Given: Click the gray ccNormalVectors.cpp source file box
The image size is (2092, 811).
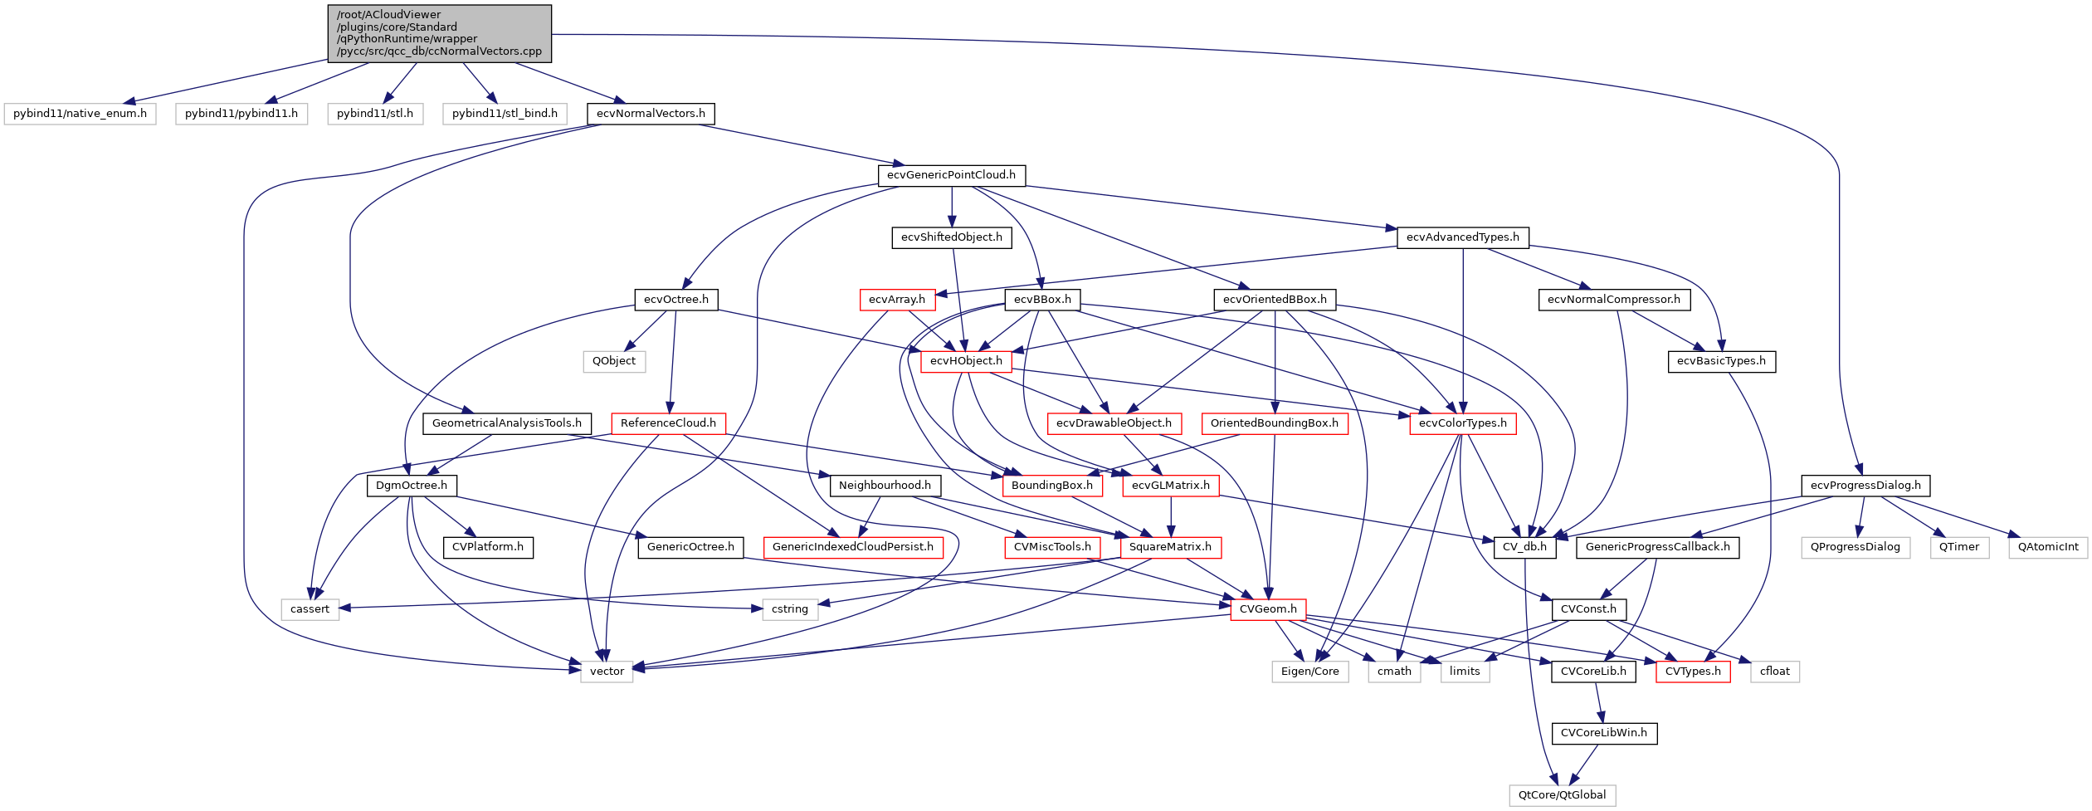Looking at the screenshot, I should click(x=439, y=33).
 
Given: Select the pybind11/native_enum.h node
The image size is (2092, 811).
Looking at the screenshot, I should click(x=80, y=114).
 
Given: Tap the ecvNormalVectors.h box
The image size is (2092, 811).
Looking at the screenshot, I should click(x=651, y=114).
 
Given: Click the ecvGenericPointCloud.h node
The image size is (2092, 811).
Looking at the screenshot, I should click(x=951, y=175).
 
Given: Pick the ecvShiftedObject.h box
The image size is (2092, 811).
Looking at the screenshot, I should click(x=951, y=237).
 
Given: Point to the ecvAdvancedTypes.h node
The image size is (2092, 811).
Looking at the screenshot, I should click(x=1462, y=237).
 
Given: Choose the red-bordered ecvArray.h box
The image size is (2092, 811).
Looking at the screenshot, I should click(x=896, y=300).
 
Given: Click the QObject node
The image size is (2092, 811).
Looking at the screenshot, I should click(x=613, y=361).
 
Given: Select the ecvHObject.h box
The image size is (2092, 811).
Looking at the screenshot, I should click(x=966, y=361).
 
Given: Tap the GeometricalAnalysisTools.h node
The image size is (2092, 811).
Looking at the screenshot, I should click(x=506, y=423).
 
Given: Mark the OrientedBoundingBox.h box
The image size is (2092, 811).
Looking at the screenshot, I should click(x=1274, y=423).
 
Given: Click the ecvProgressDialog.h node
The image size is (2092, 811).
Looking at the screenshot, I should click(x=1865, y=486).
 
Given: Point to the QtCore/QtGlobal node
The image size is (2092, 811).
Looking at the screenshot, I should click(x=1562, y=795).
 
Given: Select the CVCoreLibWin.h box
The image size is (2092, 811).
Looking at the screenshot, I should click(x=1603, y=733).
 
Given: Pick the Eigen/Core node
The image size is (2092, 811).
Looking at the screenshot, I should click(x=1309, y=672).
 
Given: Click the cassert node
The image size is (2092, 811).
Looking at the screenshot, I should click(x=310, y=609).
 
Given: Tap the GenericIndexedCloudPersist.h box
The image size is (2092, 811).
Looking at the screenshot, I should click(x=852, y=547).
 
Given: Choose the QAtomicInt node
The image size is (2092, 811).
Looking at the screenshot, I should click(x=2047, y=547).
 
